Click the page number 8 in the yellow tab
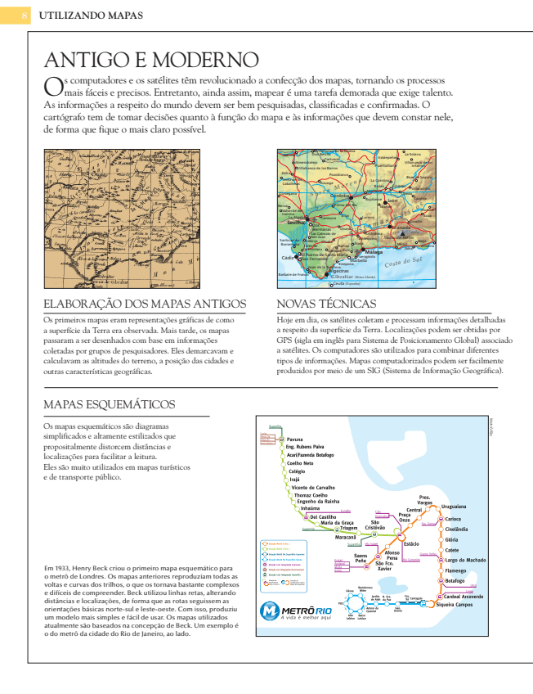coord(25,16)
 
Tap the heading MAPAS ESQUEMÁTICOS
coord(109,404)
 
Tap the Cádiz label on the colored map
coord(287,257)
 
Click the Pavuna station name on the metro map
coord(294,439)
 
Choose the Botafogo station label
coord(455,580)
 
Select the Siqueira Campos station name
coord(455,604)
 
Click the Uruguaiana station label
coord(454,507)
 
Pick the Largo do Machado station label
coord(465,559)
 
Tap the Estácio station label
coord(411,543)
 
